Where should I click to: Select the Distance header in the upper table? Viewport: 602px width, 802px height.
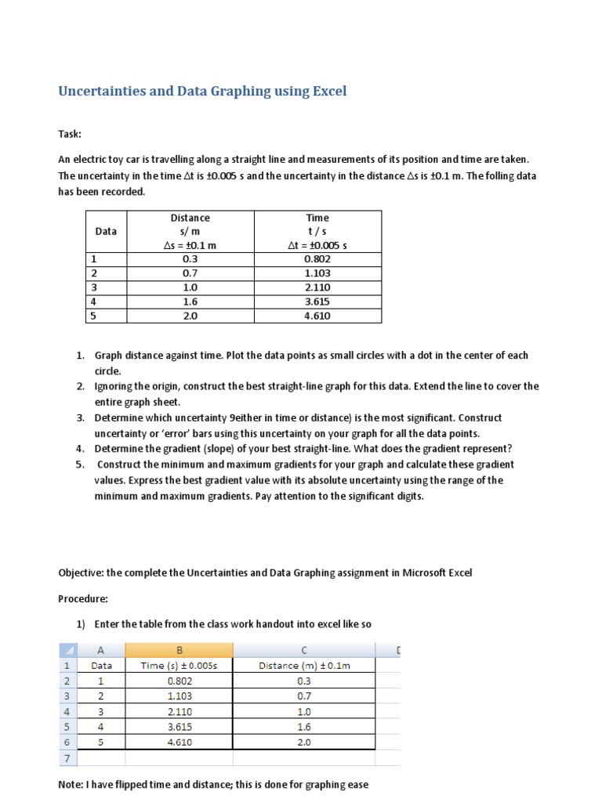point(190,218)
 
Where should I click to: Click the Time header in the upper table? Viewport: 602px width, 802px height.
point(317,218)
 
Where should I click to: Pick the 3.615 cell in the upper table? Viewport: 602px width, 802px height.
point(317,302)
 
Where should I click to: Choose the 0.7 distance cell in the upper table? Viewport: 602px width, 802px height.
point(190,273)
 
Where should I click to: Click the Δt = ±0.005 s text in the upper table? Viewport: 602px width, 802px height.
point(317,245)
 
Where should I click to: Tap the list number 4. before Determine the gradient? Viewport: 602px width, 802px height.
point(80,449)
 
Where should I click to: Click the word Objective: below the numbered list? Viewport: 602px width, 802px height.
point(82,573)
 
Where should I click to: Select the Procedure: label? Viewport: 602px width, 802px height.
point(82,598)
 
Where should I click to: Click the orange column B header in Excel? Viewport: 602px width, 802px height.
point(180,650)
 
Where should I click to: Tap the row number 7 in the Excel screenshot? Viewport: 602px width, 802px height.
point(67,758)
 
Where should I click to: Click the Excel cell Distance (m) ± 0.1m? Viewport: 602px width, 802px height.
point(305,666)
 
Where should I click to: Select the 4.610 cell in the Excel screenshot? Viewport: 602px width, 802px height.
point(180,742)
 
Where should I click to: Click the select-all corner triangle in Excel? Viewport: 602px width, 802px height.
point(67,650)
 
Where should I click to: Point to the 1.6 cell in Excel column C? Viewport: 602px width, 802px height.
point(305,727)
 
